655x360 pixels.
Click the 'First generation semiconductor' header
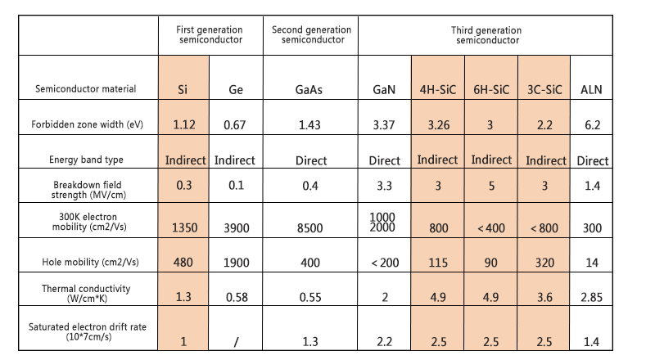click(210, 34)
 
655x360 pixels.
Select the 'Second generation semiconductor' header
click(311, 34)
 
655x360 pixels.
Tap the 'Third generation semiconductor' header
click(486, 34)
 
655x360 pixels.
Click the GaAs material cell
click(311, 90)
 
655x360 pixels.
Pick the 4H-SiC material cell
click(438, 89)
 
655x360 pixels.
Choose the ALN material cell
click(591, 89)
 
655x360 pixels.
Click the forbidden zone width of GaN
click(384, 125)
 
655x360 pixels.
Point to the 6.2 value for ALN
click(591, 125)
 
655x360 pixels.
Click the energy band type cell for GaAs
click(311, 161)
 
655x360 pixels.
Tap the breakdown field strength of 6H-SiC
click(490, 187)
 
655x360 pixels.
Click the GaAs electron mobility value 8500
click(311, 228)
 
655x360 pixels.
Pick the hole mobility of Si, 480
click(184, 262)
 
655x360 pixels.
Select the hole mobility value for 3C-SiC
click(544, 262)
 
